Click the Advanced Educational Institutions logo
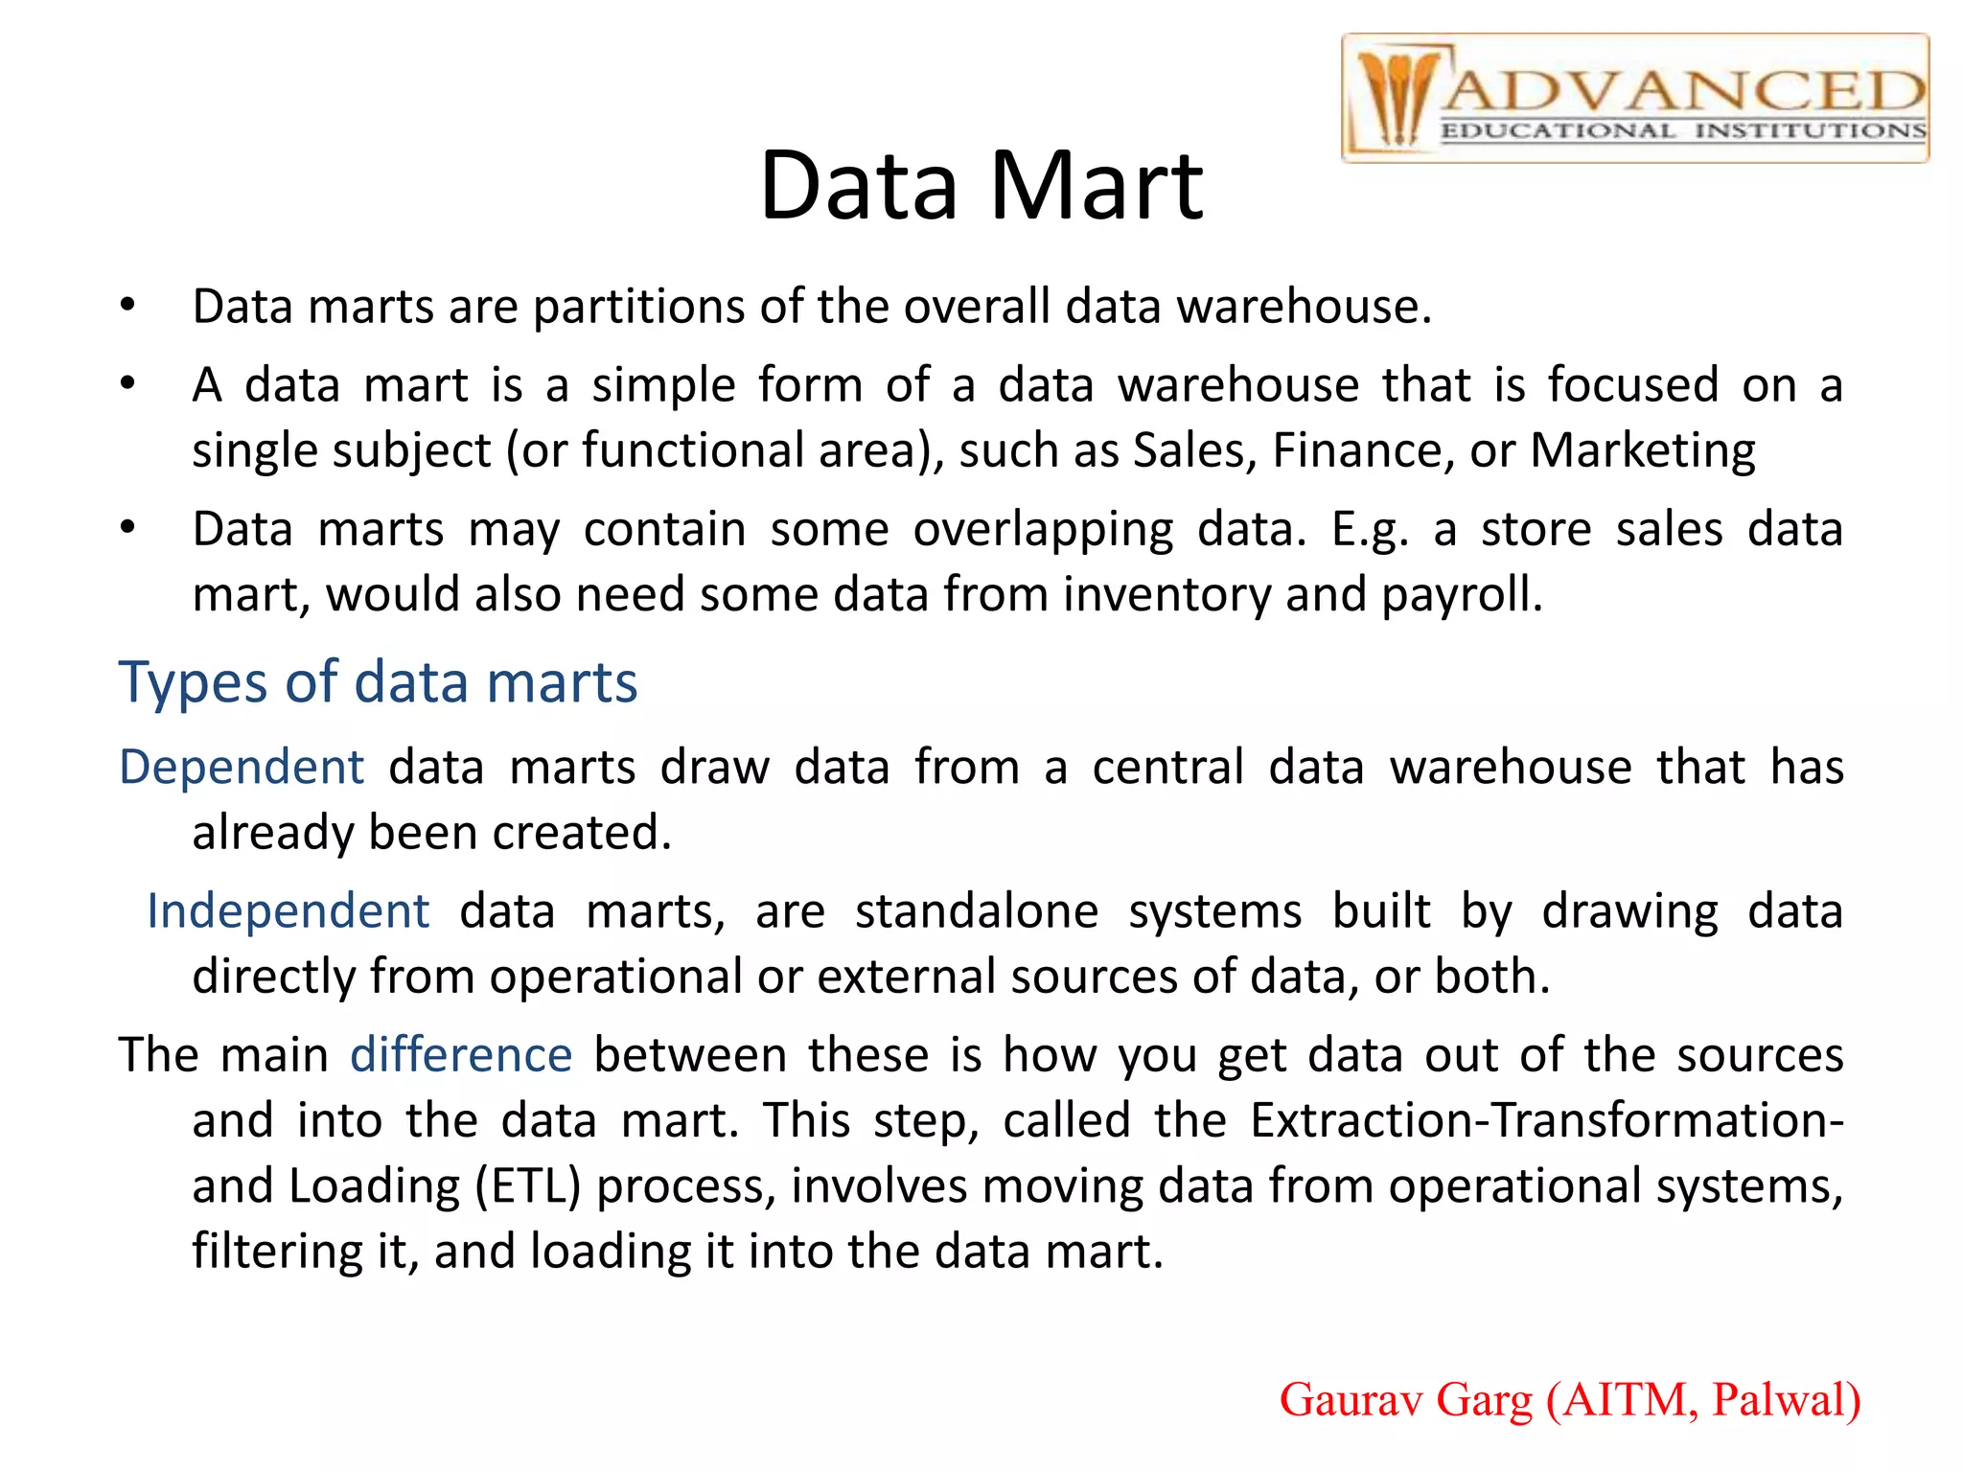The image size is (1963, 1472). tap(1634, 99)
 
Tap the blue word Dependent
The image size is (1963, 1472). tap(242, 768)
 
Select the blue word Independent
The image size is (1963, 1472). tap(288, 911)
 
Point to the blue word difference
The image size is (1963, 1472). tap(461, 1055)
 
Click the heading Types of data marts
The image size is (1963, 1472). tap(378, 682)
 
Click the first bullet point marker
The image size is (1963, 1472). tap(128, 307)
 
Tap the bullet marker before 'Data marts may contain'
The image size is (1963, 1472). tap(128, 529)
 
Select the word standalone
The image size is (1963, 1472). tap(976, 911)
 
